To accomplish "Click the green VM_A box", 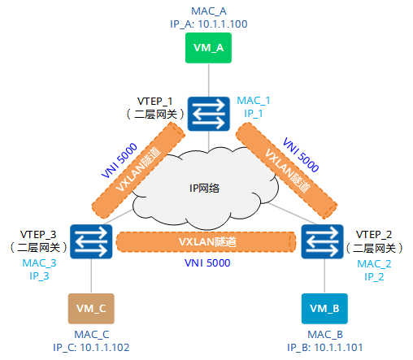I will (210, 48).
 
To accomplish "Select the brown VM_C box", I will (90, 309).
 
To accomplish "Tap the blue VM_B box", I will (324, 309).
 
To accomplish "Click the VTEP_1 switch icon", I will (210, 114).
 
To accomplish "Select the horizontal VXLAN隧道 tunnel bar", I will (205, 242).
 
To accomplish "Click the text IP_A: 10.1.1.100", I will (209, 24).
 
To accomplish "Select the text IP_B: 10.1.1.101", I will (324, 347).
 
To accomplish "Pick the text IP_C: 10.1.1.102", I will (91, 347).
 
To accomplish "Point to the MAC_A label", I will (209, 11).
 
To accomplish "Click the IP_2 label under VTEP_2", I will (374, 277).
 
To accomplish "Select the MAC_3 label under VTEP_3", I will (40, 263).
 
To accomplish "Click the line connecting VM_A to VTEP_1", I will (210, 81).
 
